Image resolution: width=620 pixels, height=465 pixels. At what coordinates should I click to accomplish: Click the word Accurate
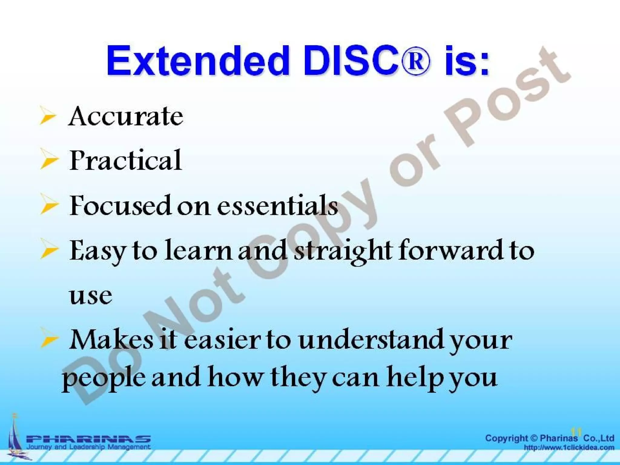tap(126, 116)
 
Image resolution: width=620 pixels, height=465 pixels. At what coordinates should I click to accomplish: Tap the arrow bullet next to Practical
tap(48, 160)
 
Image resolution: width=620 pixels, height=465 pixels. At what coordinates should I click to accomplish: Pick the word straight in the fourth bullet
tap(342, 251)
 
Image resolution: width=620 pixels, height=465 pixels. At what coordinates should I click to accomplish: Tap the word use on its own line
tap(90, 295)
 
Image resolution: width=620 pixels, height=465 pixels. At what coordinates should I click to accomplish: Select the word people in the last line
tap(103, 378)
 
